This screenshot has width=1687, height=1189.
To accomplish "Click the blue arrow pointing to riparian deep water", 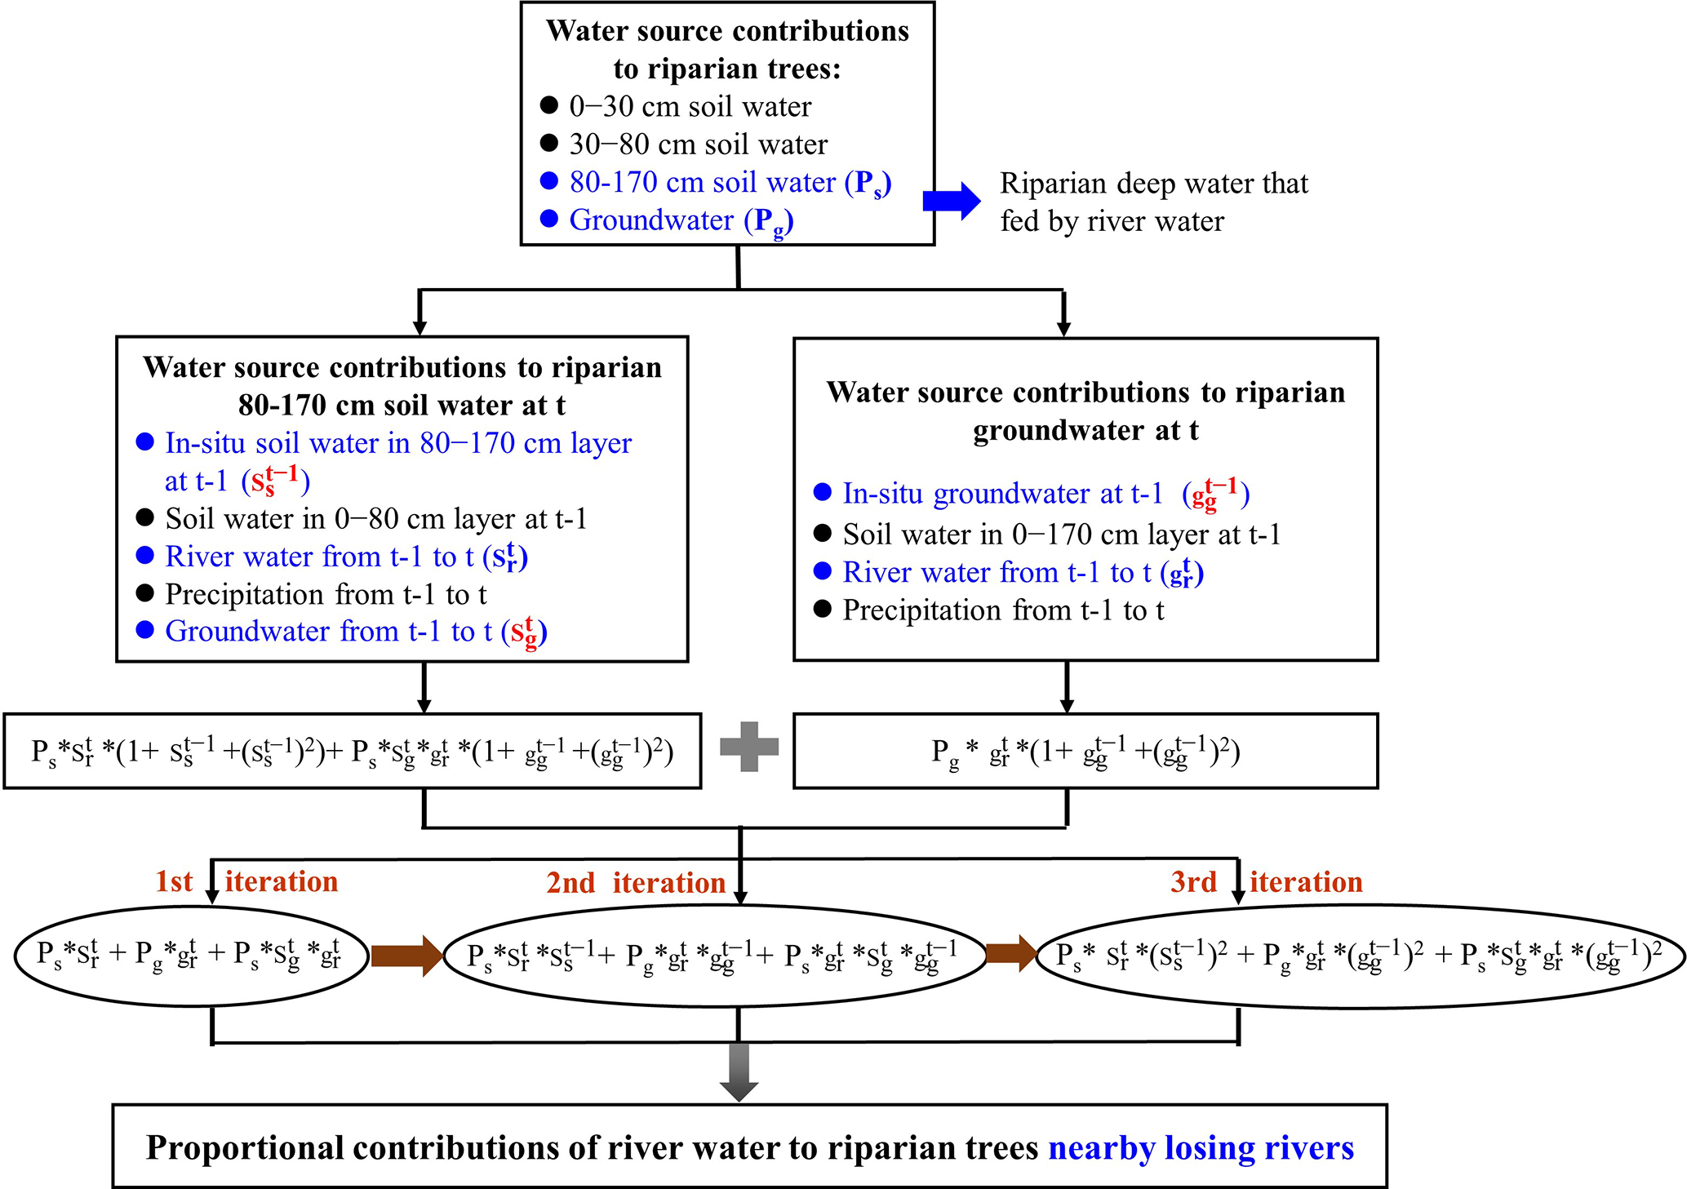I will point(952,201).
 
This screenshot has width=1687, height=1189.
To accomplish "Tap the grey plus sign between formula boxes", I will point(749,747).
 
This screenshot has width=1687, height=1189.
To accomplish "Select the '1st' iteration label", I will point(174,882).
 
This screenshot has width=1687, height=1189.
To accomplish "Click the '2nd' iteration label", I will point(570,883).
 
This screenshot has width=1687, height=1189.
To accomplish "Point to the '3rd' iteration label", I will point(1193,882).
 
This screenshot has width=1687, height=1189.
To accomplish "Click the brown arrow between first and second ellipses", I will point(406,955).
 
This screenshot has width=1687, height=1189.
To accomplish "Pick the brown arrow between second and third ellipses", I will point(1010,952).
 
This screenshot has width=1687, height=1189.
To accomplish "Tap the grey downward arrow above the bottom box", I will point(739,1072).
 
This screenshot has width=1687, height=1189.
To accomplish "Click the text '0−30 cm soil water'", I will point(690,107).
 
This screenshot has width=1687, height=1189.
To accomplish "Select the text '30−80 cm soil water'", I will point(698,145).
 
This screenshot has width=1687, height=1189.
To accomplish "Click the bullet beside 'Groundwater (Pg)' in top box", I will point(549,219).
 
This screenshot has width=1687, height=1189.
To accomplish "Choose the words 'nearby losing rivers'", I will point(1201,1148).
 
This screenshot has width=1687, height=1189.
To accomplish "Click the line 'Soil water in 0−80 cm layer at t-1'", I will point(375,519).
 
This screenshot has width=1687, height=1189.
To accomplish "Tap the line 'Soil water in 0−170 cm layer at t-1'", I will point(1061,535).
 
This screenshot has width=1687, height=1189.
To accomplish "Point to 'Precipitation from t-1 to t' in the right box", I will point(1003,610).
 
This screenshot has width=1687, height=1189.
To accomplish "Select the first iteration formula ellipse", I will point(191,955).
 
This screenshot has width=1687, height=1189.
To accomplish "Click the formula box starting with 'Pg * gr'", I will point(1085,751).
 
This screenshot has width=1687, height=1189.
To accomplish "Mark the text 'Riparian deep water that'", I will point(1153,184).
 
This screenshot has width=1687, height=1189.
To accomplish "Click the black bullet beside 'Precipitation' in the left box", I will point(145,593).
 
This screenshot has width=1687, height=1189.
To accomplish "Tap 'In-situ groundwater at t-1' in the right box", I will point(1002,494).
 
